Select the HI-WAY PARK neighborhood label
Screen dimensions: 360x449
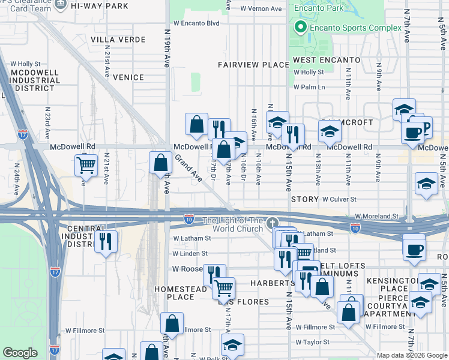point(99,6)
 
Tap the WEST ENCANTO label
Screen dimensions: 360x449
point(327,61)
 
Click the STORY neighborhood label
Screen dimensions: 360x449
point(304,199)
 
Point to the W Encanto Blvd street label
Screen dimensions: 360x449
point(196,23)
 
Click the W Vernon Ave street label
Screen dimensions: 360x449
point(261,9)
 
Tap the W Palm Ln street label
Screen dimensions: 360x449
point(309,87)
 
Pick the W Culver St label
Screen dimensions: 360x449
point(339,199)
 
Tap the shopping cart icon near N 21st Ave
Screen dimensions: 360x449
point(86,164)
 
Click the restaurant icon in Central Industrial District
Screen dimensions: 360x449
point(106,241)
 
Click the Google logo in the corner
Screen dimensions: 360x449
point(20,353)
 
